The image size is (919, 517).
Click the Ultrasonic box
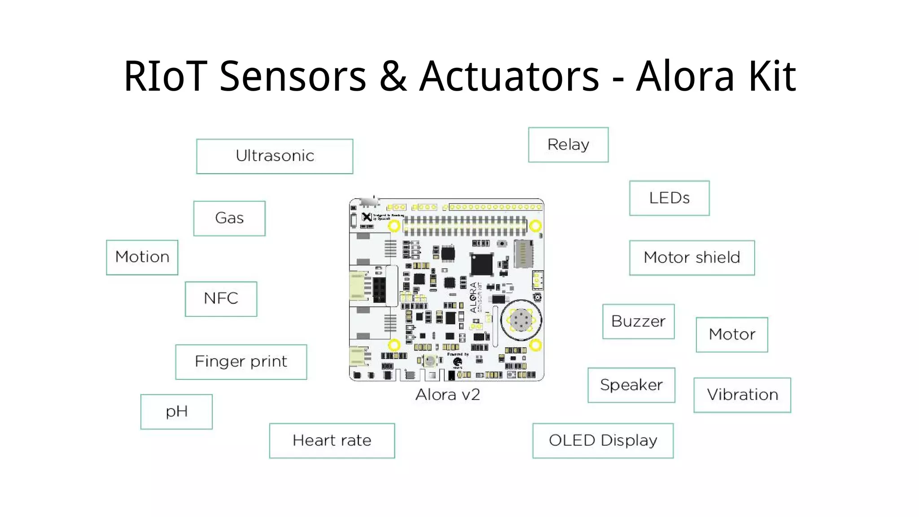pos(275,156)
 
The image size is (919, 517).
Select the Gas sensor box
pos(229,218)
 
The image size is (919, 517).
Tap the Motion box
pos(142,257)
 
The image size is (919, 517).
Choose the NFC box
pos(221,299)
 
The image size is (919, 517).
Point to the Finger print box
pos(241,362)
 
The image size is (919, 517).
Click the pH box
pos(176,412)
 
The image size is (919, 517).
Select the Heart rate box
pos(332,440)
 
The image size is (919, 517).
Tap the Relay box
pos(568,145)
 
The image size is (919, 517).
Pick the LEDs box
pos(669,198)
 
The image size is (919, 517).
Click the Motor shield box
pos(691,258)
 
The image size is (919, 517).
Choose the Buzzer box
pos(638,321)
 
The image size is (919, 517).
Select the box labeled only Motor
pos(732,334)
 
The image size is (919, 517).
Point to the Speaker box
pos(631,385)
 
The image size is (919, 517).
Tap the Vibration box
pos(742,395)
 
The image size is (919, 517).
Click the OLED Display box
pos(603,440)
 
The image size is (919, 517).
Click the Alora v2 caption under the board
pos(447,394)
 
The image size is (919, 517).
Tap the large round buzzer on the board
pos(521,320)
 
